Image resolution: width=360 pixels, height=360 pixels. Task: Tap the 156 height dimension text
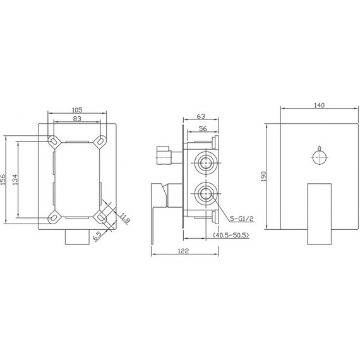coord(3,179)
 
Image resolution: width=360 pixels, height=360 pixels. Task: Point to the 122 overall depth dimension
coord(184,250)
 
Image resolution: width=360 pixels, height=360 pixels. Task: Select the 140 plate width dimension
coord(319,106)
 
